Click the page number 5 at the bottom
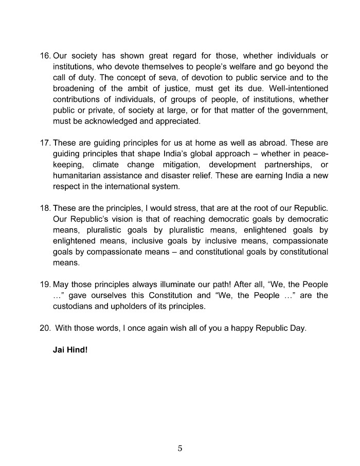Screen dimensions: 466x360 click(180, 448)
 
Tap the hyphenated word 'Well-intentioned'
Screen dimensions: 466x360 click(299, 88)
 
